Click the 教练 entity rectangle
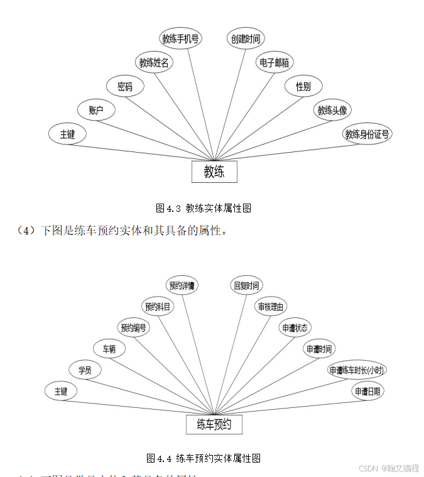tap(214, 172)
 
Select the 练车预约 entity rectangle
tap(214, 424)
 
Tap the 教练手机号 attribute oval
tap(181, 38)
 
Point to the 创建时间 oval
tap(245, 38)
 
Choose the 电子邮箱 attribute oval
tap(275, 62)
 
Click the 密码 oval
tap(126, 86)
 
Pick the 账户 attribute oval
tap(96, 111)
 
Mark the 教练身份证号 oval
tap(367, 134)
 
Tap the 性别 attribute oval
tap(303, 86)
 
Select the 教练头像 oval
tap(332, 111)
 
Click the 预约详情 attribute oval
tap(182, 285)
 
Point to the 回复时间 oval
tap(246, 285)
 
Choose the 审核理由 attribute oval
tap(271, 307)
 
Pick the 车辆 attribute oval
tap(109, 349)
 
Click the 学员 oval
tap(85, 370)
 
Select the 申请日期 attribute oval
tap(367, 391)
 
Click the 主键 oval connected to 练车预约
tap(61, 391)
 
